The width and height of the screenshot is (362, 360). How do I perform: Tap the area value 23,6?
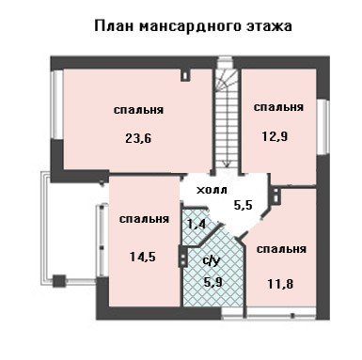tap(138, 138)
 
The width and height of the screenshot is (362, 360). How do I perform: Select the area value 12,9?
tap(275, 136)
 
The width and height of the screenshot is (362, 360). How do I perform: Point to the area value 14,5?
tap(143, 257)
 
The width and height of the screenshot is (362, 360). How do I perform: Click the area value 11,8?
tap(280, 284)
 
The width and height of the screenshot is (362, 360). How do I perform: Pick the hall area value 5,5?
tap(244, 205)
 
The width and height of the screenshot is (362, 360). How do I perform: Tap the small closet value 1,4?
tap(197, 224)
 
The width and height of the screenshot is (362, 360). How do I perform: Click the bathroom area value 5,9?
tap(213, 283)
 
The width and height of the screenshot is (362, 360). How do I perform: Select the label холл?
tap(212, 190)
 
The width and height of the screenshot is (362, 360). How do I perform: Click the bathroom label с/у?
tap(211, 260)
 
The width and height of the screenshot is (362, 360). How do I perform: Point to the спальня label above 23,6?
tap(138, 110)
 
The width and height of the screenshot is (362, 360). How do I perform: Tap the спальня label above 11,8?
tap(281, 249)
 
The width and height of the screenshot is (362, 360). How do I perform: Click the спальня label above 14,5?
tap(144, 219)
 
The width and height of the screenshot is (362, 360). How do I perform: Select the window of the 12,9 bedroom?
tap(323, 127)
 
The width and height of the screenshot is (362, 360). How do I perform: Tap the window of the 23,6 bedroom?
tap(57, 104)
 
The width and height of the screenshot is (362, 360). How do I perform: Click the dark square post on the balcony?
tap(59, 281)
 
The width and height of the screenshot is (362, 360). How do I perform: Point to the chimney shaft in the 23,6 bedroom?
tap(185, 75)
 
